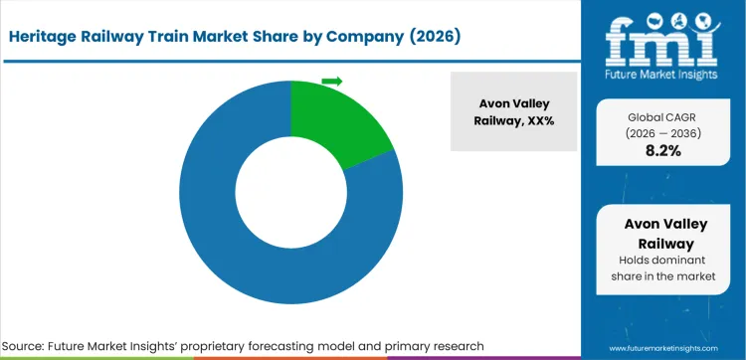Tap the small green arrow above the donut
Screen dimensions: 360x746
click(x=332, y=81)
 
